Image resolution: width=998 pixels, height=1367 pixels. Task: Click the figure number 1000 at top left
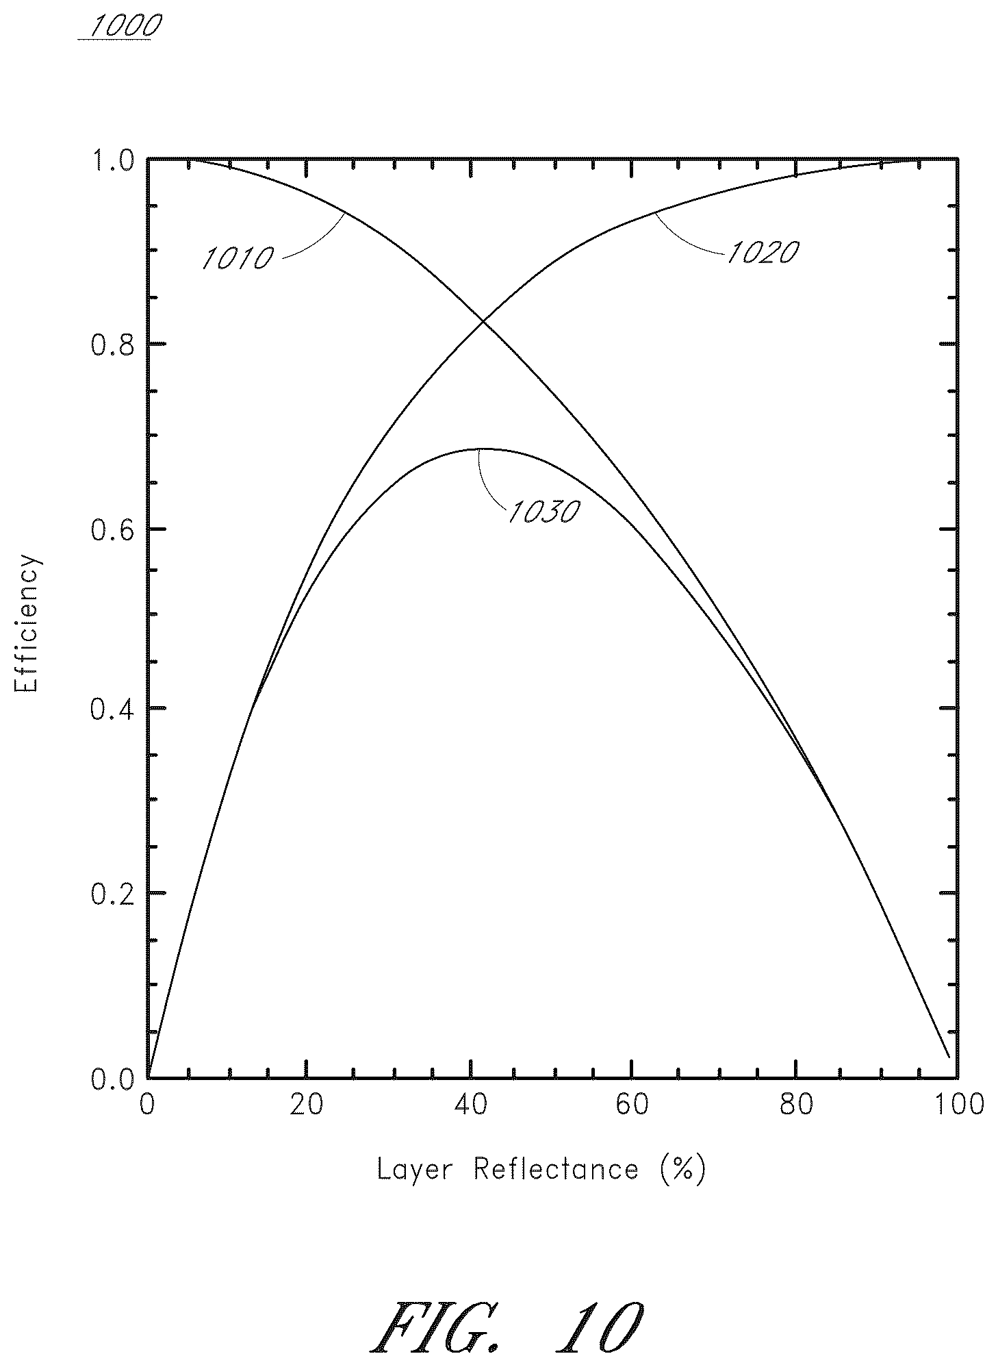point(121,26)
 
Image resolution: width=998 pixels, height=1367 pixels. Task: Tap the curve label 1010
point(238,258)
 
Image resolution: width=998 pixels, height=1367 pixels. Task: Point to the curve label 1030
point(543,512)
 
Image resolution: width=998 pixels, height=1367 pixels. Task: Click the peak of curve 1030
point(479,449)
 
